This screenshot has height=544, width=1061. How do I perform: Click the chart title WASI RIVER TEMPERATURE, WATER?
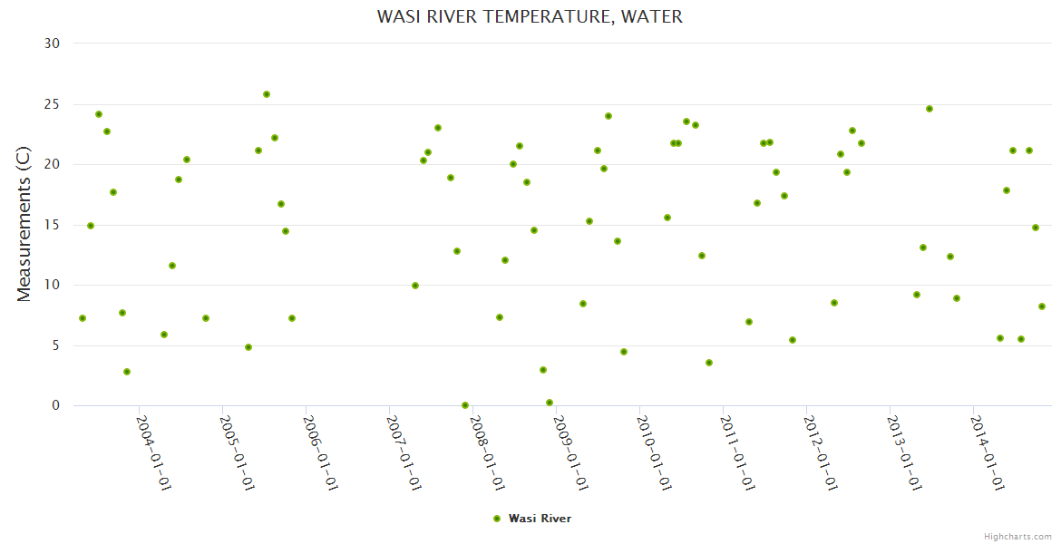[530, 16]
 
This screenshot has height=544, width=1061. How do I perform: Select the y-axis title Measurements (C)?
[24, 224]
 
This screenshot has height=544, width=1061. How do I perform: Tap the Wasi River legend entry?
[532, 519]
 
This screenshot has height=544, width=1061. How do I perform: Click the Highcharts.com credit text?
[1017, 536]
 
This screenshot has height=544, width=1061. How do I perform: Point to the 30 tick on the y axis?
[52, 44]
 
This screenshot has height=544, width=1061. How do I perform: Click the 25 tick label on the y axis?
[52, 104]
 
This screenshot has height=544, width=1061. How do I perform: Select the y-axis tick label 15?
[52, 225]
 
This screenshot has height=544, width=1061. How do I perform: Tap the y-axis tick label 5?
[55, 345]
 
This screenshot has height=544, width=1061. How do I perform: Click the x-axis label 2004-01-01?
[154, 452]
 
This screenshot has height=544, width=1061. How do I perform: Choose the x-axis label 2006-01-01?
[321, 452]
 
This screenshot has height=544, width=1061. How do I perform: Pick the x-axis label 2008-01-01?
[488, 452]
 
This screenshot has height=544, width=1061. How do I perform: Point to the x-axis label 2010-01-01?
[655, 452]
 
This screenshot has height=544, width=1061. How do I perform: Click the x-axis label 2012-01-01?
[821, 452]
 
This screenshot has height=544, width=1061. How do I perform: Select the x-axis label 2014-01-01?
[988, 452]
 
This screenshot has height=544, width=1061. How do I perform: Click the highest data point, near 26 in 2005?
[267, 94]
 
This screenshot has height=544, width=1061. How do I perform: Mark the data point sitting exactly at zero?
[465, 405]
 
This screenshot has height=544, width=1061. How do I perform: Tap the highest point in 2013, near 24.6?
[930, 109]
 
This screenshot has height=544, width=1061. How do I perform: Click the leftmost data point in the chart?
[83, 318]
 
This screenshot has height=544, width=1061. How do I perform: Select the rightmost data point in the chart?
[1042, 306]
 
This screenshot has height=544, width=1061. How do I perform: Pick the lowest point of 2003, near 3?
[127, 372]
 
